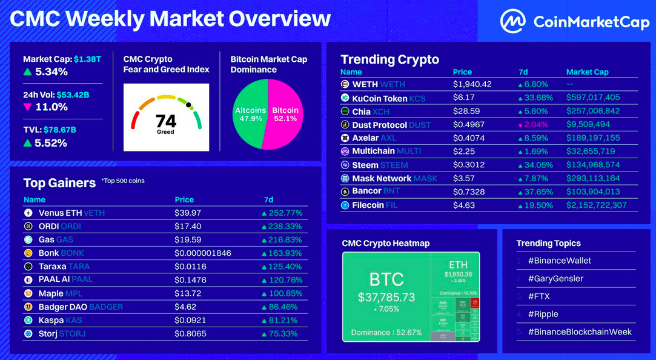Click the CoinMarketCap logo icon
513,22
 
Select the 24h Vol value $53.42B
78,95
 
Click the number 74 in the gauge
165,121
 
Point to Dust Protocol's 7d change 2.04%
536,125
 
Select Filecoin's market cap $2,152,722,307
597,205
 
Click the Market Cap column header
587,72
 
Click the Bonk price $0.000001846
202,253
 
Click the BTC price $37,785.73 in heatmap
386,298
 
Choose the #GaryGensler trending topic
555,279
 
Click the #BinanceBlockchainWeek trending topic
580,332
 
